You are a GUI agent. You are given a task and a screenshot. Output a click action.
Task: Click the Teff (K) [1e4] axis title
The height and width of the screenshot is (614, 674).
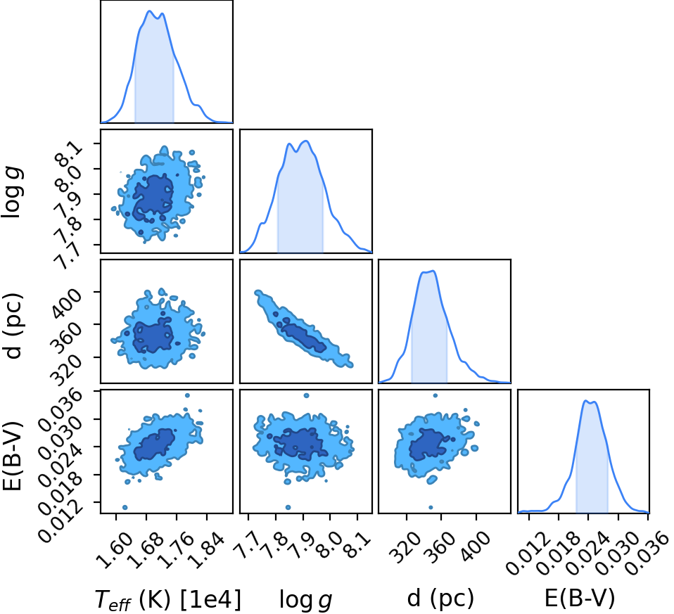(x=168, y=599)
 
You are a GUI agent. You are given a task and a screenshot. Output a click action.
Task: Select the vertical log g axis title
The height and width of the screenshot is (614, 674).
(x=12, y=193)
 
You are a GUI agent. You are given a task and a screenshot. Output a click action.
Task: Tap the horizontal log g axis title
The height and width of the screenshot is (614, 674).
(x=306, y=599)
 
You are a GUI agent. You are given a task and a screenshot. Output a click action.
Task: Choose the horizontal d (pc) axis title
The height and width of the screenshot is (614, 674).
(x=440, y=598)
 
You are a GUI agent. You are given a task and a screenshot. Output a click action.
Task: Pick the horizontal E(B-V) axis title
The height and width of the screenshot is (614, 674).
(x=580, y=598)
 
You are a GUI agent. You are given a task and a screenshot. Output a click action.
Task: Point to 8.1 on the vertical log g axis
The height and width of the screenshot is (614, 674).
(x=70, y=155)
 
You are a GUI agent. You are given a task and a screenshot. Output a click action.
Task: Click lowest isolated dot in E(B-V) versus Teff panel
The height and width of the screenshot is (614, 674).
(x=125, y=507)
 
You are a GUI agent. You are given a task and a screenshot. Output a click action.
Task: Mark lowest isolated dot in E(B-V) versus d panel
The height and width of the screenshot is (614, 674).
(x=431, y=507)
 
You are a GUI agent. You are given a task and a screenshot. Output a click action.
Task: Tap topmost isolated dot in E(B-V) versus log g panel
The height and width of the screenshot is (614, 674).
(x=306, y=395)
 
